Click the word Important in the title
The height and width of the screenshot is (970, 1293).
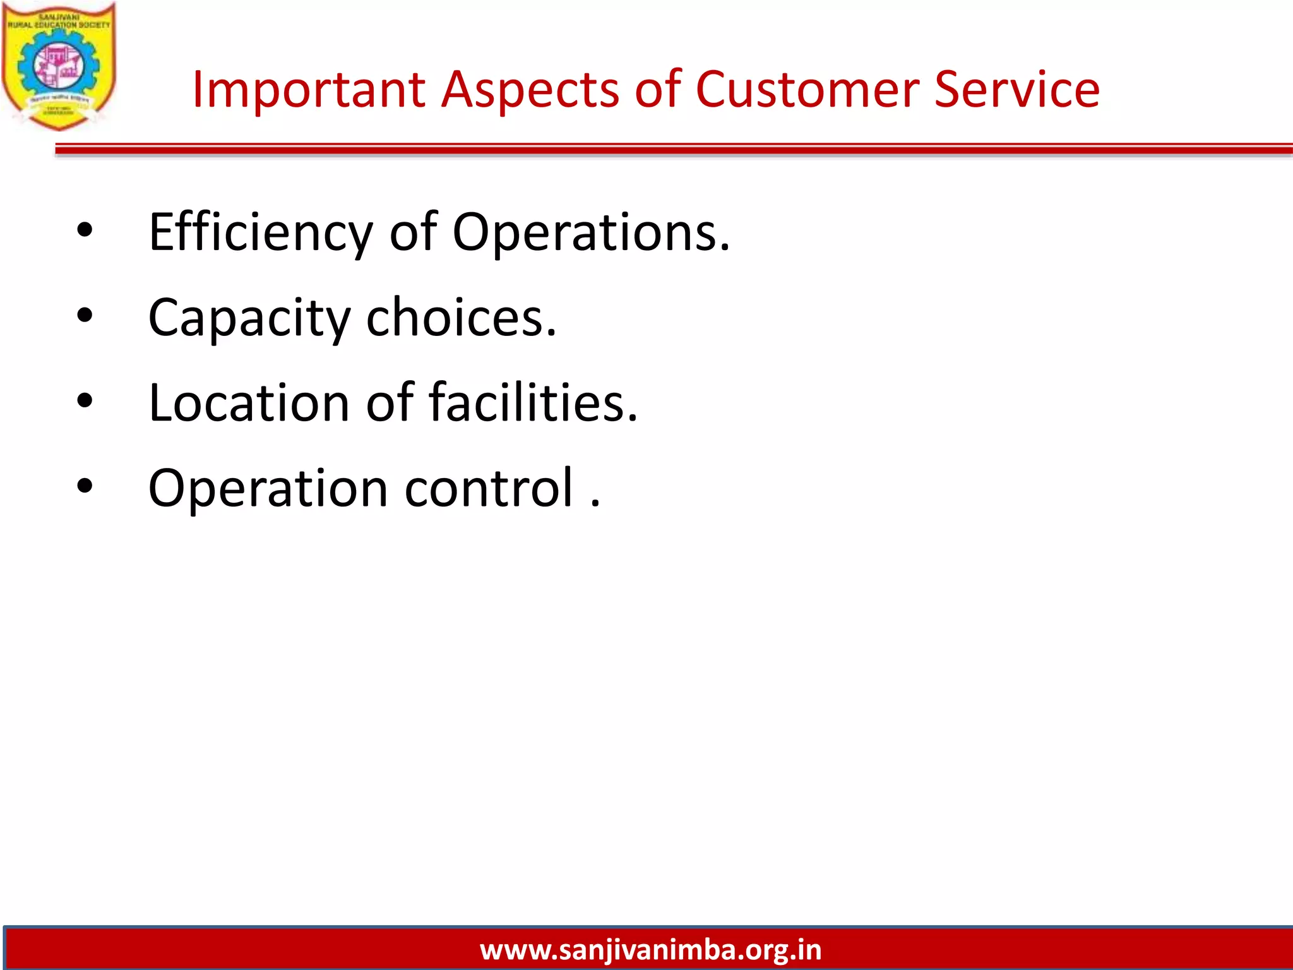click(x=308, y=90)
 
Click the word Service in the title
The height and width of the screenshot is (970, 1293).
click(x=1016, y=90)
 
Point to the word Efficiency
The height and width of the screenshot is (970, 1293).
click(x=261, y=232)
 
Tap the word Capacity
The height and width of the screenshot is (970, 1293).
click(x=249, y=318)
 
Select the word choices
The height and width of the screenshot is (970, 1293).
click(x=461, y=318)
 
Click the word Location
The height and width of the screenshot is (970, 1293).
click(x=249, y=403)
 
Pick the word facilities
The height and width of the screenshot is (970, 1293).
click(x=533, y=403)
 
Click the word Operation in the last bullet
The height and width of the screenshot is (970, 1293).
click(x=268, y=488)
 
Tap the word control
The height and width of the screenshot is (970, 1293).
click(x=489, y=488)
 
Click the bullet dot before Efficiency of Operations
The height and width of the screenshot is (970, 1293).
click(x=85, y=231)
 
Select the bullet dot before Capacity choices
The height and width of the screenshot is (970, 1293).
click(x=85, y=316)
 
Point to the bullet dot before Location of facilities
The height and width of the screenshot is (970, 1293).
click(x=85, y=401)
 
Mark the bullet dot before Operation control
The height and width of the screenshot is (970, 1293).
click(x=85, y=486)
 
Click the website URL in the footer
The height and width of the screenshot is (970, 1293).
click(x=650, y=950)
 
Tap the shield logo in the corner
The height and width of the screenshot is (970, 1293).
click(x=59, y=66)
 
